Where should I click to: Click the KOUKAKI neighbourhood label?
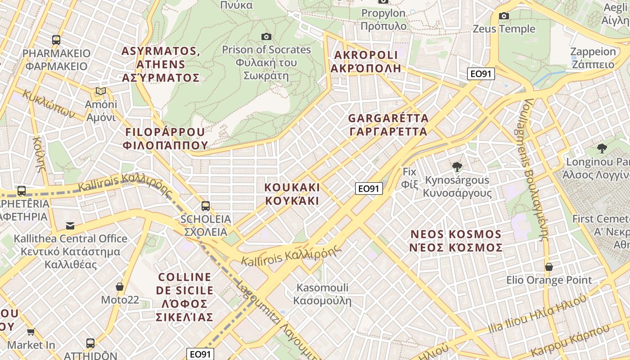click(292, 193)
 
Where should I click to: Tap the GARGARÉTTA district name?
click(388, 125)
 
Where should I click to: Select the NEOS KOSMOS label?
click(456, 241)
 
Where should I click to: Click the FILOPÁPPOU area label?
click(165, 139)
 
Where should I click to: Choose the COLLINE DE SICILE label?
click(184, 297)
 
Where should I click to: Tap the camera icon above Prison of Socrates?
click(266, 36)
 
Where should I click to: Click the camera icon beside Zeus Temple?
click(504, 16)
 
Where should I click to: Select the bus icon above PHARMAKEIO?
click(56, 40)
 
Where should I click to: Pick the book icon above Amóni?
click(101, 92)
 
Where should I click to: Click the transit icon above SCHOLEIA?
click(206, 206)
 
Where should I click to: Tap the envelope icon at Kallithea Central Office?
click(70, 225)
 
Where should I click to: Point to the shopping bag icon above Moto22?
click(120, 287)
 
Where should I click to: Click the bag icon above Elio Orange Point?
click(549, 267)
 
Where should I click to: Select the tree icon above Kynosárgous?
click(457, 167)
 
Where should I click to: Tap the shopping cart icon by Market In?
click(31, 332)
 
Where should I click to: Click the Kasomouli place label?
click(322, 293)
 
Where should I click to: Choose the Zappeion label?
click(593, 58)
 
